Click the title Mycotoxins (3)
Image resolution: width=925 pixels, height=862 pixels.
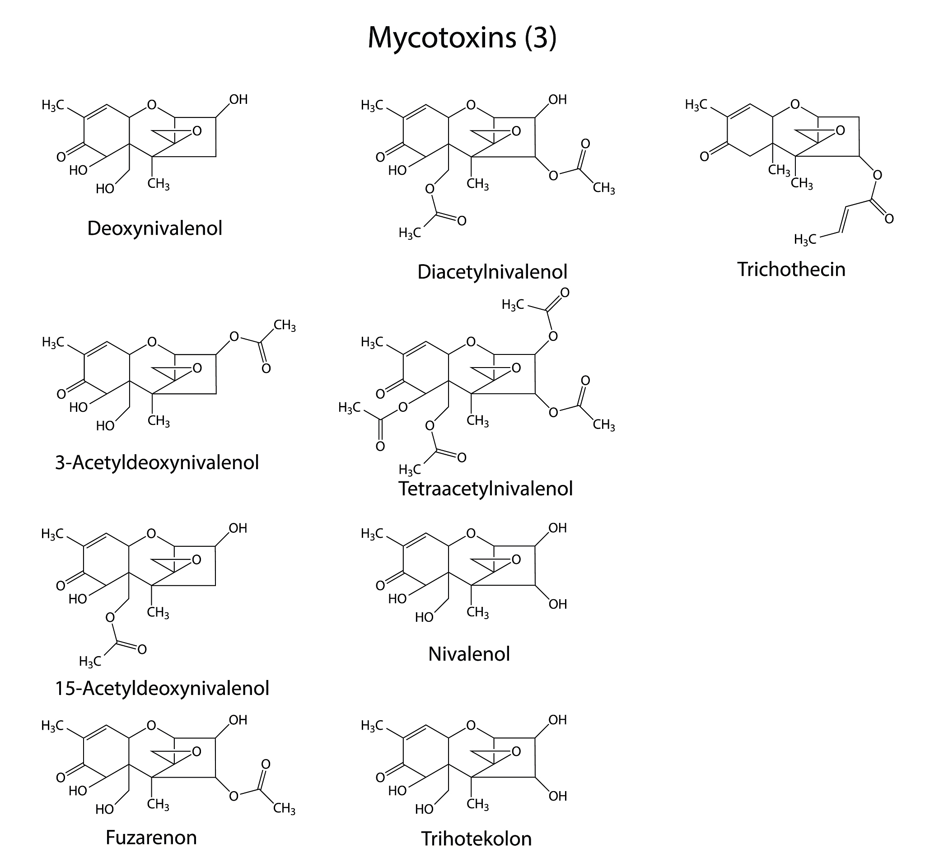click(x=462, y=37)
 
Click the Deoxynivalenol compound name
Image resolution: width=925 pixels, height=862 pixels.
click(x=154, y=228)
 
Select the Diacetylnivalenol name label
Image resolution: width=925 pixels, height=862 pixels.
click(x=492, y=272)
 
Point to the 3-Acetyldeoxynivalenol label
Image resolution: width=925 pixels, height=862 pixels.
click(x=157, y=462)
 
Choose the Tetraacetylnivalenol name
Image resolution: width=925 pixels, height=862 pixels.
click(x=485, y=489)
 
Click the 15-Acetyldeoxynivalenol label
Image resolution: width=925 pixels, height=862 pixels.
click(x=162, y=688)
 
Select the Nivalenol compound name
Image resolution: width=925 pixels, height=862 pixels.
click(x=469, y=653)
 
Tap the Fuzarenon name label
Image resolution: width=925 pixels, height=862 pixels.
click(x=151, y=837)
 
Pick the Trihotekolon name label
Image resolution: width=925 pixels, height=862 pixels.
click(x=476, y=839)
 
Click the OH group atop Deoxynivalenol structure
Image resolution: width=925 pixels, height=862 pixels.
click(x=238, y=99)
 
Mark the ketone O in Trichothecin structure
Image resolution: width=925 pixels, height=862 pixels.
click(x=705, y=157)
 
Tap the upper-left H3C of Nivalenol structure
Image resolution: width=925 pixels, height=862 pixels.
click(x=372, y=534)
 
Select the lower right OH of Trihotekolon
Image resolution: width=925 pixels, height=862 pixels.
click(x=557, y=796)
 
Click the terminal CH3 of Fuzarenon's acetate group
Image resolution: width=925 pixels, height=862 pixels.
click(x=284, y=809)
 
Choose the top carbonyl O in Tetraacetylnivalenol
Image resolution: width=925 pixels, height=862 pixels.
click(x=565, y=293)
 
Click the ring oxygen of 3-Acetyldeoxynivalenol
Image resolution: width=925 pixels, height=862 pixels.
click(x=152, y=342)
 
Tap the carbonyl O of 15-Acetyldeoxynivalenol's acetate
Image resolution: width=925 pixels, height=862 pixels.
click(x=142, y=649)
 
